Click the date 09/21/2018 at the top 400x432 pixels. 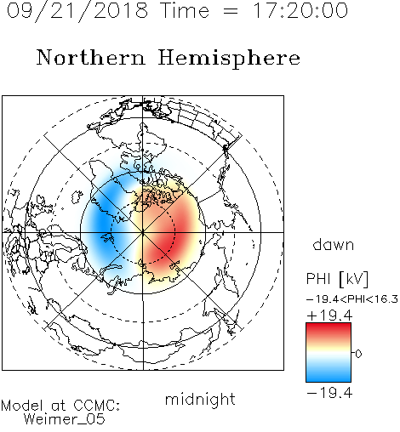[77, 11]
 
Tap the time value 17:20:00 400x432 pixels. [300, 10]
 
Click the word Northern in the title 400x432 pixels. [91, 58]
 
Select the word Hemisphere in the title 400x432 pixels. [229, 59]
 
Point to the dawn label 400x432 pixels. [334, 244]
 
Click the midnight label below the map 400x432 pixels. [200, 400]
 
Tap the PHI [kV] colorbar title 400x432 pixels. [337, 279]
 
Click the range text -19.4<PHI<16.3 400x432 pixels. [352, 299]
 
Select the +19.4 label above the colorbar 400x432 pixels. [329, 315]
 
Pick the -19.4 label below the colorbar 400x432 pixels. [329, 393]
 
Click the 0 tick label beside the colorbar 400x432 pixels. [358, 354]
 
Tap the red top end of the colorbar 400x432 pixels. [329, 325]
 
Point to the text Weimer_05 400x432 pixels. [65, 419]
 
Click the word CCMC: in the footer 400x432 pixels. [97, 405]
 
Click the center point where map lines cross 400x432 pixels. [143, 232]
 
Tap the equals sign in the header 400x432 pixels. [231, 12]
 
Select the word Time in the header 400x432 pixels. [185, 10]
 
